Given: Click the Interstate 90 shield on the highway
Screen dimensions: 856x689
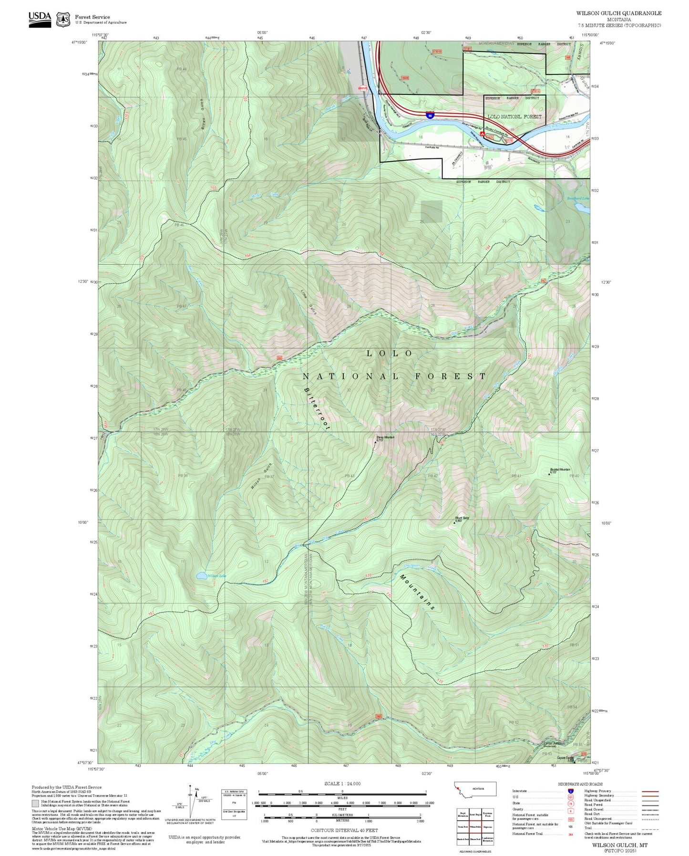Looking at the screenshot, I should click(x=430, y=115).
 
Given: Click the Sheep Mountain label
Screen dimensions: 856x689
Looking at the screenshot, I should click(x=385, y=437).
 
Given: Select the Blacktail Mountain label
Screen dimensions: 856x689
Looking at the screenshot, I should click(x=560, y=470).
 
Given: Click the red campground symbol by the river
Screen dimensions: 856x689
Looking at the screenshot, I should click(x=483, y=135).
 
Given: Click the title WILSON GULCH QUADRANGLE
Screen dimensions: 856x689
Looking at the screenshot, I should click(x=618, y=13).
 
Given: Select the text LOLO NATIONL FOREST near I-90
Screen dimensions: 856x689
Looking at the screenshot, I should click(x=514, y=116).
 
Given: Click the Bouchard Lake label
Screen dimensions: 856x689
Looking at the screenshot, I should click(x=577, y=198).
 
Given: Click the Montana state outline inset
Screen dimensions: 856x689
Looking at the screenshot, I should click(x=475, y=789).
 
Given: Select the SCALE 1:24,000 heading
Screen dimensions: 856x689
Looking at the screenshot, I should click(x=342, y=784).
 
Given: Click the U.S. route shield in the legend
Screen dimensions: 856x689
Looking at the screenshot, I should click(x=571, y=797).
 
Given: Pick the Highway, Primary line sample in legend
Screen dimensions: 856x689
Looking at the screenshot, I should click(x=650, y=791).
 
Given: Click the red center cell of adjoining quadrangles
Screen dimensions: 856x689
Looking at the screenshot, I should click(x=475, y=826).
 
